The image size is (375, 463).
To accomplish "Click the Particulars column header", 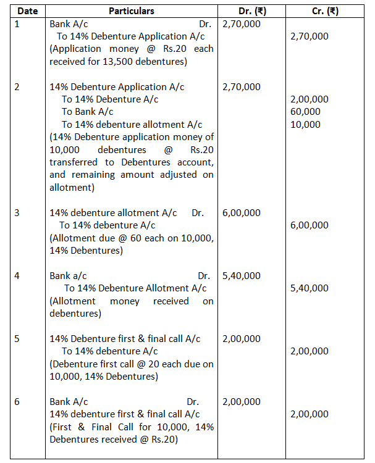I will point(131,11).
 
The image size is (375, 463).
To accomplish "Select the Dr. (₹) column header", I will point(253,11).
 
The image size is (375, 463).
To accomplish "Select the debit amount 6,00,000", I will point(241,213).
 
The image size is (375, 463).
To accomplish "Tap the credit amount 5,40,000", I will point(310,288).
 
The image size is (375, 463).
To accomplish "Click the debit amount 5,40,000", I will point(241,276).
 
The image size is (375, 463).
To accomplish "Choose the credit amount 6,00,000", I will point(310,225).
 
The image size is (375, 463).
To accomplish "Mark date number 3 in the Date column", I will point(17,213).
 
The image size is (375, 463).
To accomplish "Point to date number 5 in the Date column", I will point(17,339).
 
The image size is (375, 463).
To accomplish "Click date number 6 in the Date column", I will point(17,402).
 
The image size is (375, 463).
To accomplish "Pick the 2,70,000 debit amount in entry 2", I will point(241,87).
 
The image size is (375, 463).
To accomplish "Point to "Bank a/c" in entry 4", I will point(68,276).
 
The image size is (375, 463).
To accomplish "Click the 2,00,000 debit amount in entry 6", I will point(241,402).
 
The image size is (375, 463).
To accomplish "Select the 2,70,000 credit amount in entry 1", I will point(310,36).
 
